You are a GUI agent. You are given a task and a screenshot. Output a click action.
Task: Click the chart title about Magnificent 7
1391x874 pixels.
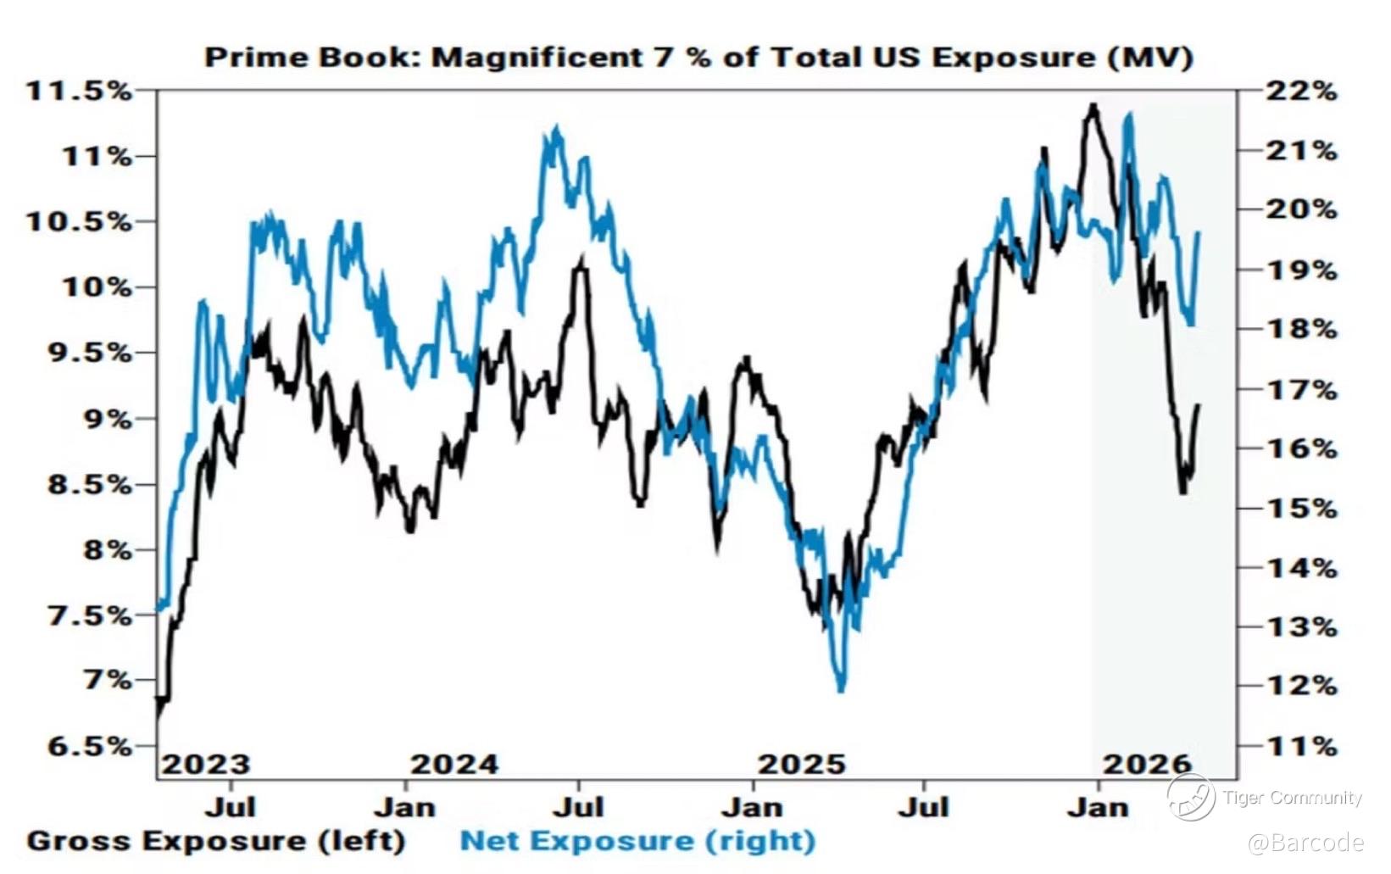coord(698,58)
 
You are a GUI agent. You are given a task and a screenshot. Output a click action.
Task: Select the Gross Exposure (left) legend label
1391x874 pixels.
coord(216,841)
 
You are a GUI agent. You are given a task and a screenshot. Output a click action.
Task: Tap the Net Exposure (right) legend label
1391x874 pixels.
coord(637,841)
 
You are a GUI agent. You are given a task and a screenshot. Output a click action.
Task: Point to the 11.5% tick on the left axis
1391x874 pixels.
coord(80,91)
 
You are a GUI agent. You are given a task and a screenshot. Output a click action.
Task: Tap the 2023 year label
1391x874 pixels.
coord(206,765)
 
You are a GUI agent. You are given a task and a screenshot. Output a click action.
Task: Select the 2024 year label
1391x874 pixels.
coord(454,765)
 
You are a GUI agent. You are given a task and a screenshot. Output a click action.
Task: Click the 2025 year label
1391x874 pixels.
coord(801,765)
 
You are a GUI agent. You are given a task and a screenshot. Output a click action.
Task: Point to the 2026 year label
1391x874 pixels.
coord(1147,765)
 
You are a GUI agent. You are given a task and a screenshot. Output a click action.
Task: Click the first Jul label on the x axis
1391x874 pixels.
coord(230,807)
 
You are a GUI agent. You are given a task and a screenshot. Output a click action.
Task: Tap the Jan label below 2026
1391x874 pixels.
coord(1098,807)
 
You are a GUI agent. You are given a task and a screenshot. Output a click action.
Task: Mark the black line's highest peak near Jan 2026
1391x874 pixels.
coord(1093,106)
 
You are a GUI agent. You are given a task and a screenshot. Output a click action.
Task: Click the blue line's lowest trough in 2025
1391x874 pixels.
coord(841,689)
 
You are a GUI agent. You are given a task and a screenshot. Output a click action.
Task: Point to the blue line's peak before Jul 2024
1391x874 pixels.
coord(556,129)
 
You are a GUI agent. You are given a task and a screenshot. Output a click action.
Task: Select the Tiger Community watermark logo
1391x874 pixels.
coord(1190,797)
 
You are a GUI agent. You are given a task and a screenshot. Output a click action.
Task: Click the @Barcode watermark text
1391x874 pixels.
coord(1305,843)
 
